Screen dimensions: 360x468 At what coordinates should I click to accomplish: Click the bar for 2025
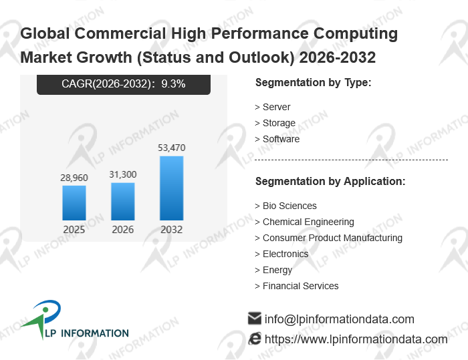tap(74, 203)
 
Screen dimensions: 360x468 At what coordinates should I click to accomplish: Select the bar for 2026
tap(123, 201)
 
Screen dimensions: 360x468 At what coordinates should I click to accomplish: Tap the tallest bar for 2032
tap(171, 188)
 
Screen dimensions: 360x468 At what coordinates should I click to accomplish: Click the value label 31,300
tap(123, 174)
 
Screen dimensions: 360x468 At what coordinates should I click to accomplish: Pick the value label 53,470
tap(171, 148)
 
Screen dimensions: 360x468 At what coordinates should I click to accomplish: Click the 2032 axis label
tap(171, 230)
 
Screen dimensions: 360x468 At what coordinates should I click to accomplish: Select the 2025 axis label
tap(74, 230)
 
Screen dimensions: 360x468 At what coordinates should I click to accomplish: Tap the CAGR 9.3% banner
tap(124, 84)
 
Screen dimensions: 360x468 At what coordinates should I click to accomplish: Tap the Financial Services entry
tap(300, 286)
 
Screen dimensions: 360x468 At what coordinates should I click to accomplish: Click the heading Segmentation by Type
tap(313, 83)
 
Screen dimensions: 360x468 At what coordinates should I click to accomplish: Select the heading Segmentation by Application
tap(330, 182)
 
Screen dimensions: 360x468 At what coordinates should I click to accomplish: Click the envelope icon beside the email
tap(255, 319)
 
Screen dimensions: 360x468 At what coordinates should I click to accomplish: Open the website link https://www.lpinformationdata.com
tap(356, 339)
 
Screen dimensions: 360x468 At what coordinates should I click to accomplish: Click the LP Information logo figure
tap(41, 319)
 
